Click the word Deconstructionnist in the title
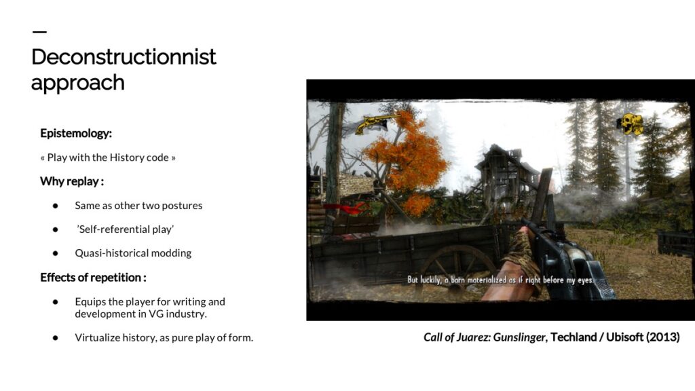pyautogui.click(x=124, y=57)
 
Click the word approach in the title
pyautogui.click(x=77, y=83)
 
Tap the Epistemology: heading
pyautogui.click(x=76, y=134)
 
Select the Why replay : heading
pyautogui.click(x=72, y=181)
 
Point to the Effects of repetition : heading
pyautogui.click(x=93, y=278)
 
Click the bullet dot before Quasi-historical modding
pyautogui.click(x=56, y=253)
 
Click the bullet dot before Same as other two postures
pyautogui.click(x=56, y=206)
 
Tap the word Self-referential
pyautogui.click(x=113, y=229)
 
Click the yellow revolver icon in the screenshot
pyautogui.click(x=376, y=124)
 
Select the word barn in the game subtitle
pyautogui.click(x=457, y=280)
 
